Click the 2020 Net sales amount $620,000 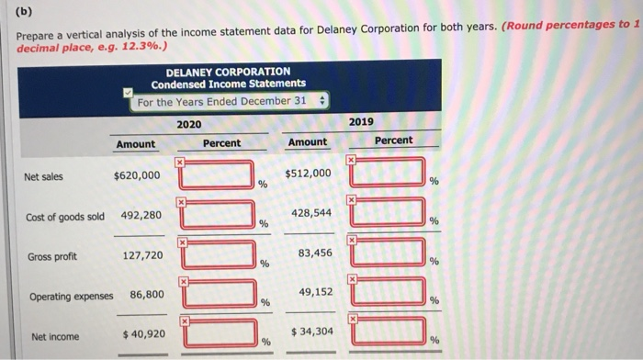[x=136, y=175]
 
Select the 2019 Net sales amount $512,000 [x=308, y=173]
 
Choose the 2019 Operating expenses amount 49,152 [x=311, y=291]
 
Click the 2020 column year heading [x=188, y=124]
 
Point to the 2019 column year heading [x=361, y=121]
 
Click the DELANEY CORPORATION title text [x=228, y=71]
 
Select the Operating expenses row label [x=71, y=297]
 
